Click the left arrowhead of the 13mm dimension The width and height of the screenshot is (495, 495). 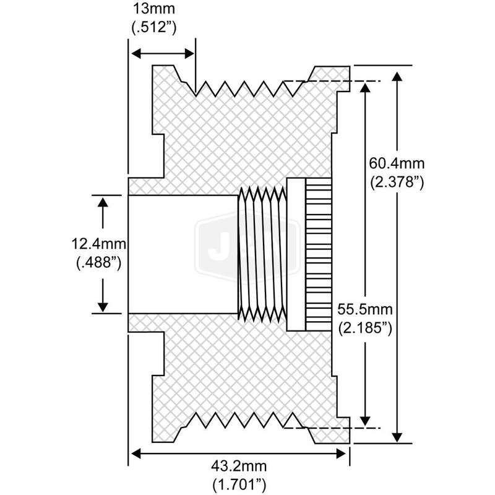click(x=133, y=54)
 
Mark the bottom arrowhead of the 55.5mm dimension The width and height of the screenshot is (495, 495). click(x=366, y=420)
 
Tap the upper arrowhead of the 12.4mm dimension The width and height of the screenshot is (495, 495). click(x=103, y=202)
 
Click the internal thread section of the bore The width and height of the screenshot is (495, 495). click(x=262, y=254)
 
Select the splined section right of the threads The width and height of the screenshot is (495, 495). click(x=318, y=254)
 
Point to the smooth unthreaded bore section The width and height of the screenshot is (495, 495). click(x=182, y=254)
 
